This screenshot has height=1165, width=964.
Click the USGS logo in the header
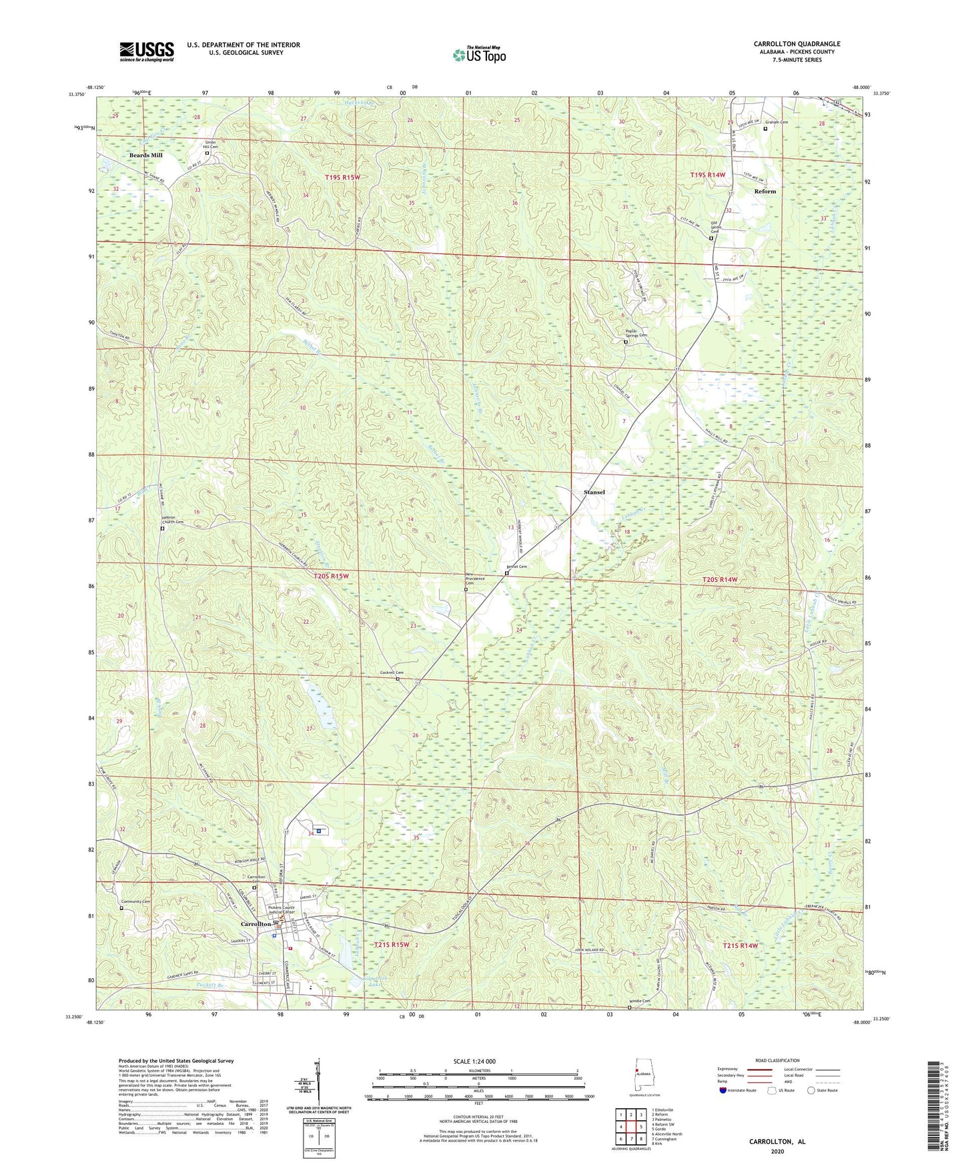click(x=146, y=51)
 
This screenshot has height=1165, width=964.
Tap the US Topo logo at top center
click(x=478, y=55)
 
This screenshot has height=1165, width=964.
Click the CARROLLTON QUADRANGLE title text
click(x=797, y=44)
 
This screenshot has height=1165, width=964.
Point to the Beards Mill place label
click(x=145, y=155)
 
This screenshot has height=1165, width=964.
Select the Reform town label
click(x=765, y=191)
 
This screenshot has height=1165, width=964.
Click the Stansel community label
click(x=594, y=492)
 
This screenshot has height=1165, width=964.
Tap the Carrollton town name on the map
click(x=256, y=923)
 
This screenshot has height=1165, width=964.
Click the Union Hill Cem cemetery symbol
click(x=207, y=153)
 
